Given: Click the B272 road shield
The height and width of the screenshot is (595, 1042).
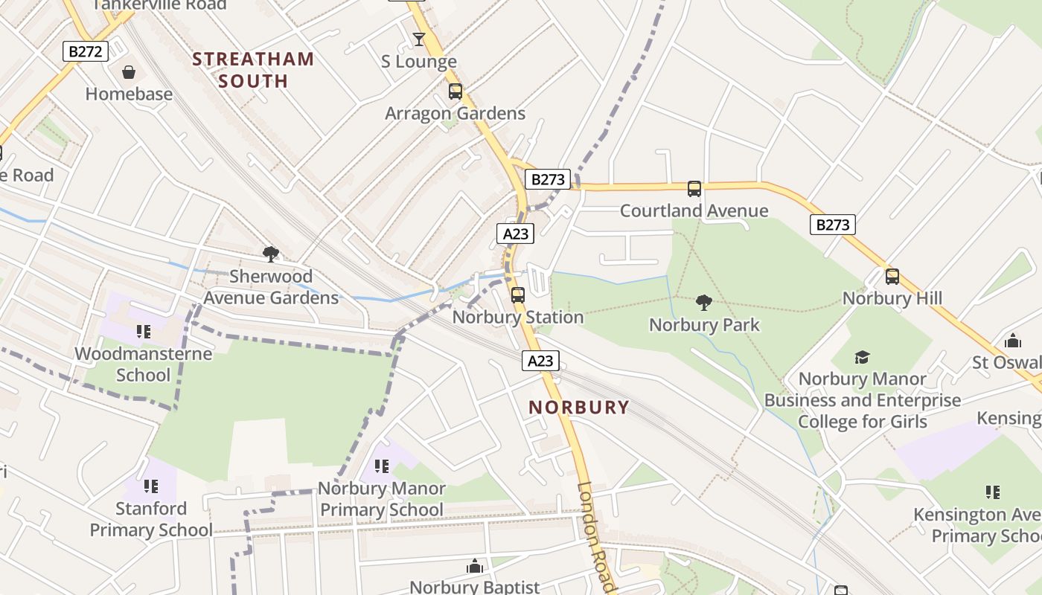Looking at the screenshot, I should [x=86, y=51].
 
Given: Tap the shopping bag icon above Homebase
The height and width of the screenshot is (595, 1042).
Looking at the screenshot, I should [x=129, y=72].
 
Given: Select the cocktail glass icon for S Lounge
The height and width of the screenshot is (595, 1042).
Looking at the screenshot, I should [x=419, y=39].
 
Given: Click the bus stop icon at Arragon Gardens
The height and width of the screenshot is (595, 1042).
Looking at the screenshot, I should [x=455, y=91].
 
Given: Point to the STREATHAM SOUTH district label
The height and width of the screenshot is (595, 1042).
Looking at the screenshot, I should [x=252, y=70].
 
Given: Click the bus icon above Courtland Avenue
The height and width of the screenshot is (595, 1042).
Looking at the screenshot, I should [x=694, y=189].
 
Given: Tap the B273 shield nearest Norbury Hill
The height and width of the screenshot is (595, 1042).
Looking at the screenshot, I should [x=832, y=224].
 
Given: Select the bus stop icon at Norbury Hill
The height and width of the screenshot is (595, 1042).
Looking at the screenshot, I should [x=892, y=277].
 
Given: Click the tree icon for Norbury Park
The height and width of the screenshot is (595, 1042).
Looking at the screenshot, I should [x=703, y=303].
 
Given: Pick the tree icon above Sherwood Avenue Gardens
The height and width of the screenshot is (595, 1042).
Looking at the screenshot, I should [x=271, y=254].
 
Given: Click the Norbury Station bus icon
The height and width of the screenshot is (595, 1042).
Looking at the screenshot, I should [x=518, y=295].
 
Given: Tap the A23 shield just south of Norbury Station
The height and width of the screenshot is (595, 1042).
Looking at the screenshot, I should [x=540, y=361].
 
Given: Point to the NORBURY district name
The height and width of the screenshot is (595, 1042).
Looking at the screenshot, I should [x=579, y=408].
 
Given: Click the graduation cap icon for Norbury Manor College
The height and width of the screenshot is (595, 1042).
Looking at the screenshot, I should [x=862, y=357].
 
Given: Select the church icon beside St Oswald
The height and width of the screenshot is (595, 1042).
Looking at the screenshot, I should [x=1013, y=341].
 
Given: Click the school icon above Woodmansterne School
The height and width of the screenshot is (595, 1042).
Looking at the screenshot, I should [x=144, y=332].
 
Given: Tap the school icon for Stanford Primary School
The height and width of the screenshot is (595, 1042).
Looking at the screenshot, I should [x=151, y=486].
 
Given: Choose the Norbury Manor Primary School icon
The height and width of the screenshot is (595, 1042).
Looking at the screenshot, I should [x=382, y=466].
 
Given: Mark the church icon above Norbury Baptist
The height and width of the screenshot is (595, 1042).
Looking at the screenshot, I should [x=475, y=567].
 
